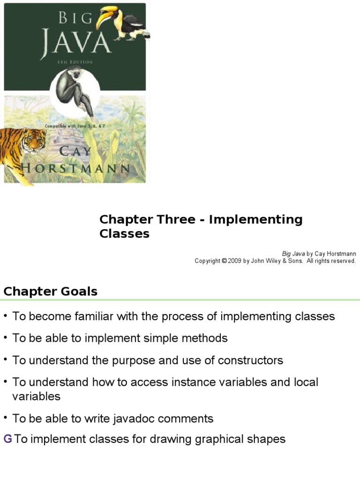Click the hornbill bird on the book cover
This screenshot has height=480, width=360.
tap(123, 22)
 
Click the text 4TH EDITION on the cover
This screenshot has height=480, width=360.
tap(73, 62)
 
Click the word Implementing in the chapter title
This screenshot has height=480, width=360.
tap(256, 219)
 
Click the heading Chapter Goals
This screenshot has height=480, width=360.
tap(51, 292)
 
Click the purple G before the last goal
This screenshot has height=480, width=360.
tap(7, 439)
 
